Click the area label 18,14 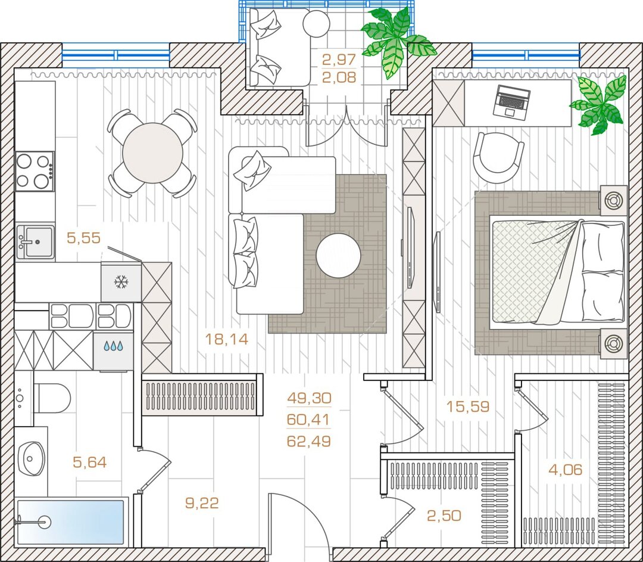point(226,340)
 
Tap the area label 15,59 point(468,406)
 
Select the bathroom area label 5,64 point(90,462)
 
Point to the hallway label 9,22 point(202,503)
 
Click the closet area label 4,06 point(566,470)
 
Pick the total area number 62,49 point(309,441)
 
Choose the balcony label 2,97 point(339,60)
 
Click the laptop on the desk point(511,103)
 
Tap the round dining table point(152,153)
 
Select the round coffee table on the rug point(338,256)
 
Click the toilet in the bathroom point(52,398)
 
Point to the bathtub point(70,522)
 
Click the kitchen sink point(36,242)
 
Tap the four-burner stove point(35,171)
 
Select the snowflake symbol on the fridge point(121,282)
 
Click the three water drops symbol point(113,346)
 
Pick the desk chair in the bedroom point(498,158)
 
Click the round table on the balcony point(316,24)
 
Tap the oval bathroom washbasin point(32,458)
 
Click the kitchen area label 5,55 point(84,238)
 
